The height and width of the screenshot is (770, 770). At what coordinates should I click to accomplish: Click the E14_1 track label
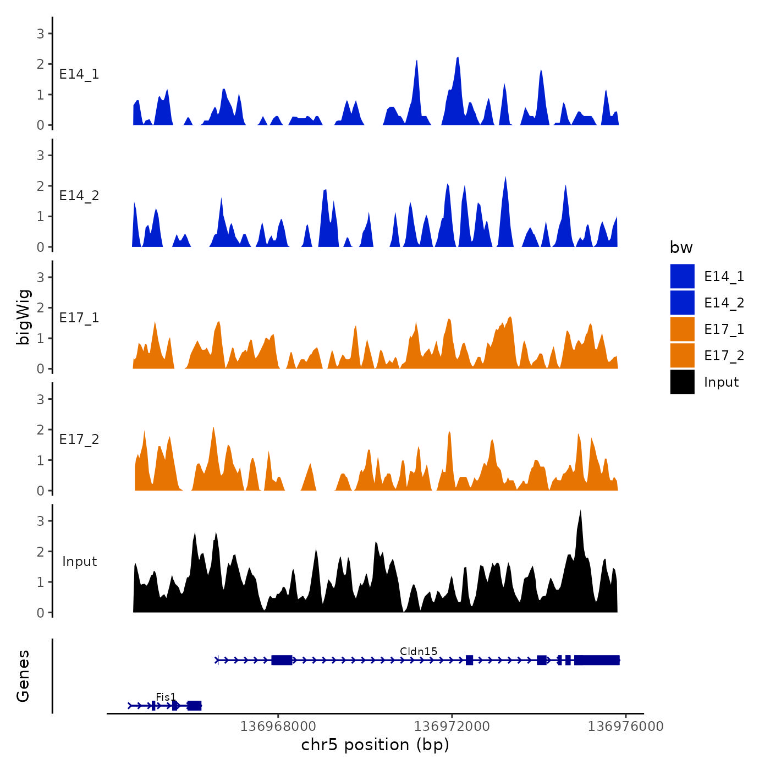pos(79,74)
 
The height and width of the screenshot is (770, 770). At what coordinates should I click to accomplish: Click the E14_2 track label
pos(79,196)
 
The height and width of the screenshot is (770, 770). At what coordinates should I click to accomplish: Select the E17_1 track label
pos(79,318)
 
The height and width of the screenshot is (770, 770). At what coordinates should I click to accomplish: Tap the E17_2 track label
pos(79,439)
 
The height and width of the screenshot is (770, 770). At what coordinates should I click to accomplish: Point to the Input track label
pos(79,562)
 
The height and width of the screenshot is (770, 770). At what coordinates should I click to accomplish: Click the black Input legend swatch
pos(682,382)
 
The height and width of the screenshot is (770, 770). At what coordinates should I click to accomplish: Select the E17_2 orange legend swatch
pos(682,355)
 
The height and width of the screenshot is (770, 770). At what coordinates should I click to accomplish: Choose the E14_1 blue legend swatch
pos(682,276)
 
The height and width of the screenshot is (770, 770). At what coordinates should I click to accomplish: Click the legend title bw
pos(681,248)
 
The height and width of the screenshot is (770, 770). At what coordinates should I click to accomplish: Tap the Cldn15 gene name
pos(419,651)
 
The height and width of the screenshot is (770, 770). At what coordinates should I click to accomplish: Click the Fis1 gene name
pos(166,697)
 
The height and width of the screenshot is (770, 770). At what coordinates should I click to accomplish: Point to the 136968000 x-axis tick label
pos(278,727)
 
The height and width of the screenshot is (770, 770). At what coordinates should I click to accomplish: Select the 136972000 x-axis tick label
pos(452,727)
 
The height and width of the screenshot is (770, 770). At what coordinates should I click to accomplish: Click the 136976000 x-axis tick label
pos(625,727)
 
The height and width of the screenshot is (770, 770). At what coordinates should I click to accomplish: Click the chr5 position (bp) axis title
pos(375,745)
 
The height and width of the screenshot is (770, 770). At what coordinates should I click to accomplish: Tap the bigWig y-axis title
pos(23,317)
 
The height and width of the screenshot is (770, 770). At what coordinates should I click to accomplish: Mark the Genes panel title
pos(23,676)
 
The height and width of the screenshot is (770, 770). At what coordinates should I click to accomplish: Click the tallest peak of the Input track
pos(580,512)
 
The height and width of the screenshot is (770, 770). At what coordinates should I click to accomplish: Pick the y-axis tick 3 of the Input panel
pos(41,521)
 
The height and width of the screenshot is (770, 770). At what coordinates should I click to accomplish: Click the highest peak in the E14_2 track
pos(505,178)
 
